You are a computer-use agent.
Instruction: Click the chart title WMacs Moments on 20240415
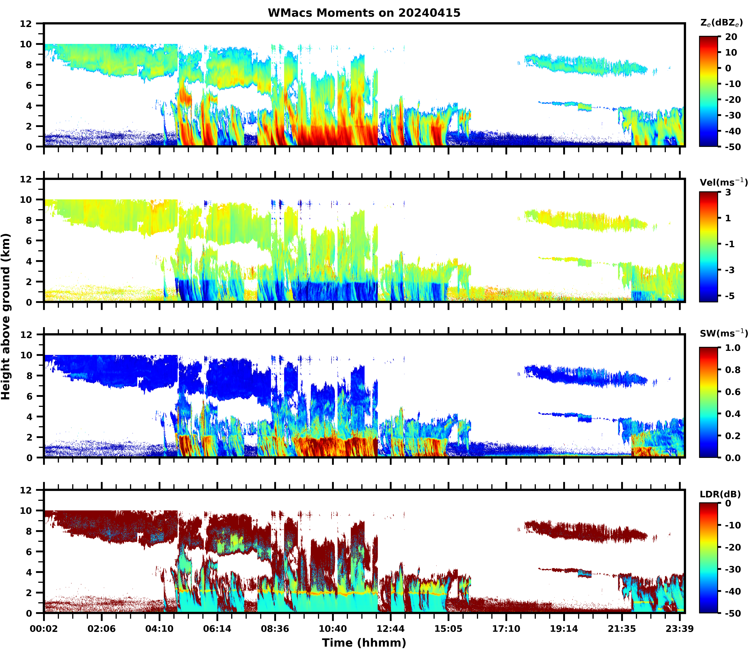(364, 13)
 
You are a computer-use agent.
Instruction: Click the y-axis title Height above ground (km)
(6, 316)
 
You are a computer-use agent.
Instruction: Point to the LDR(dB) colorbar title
(720, 494)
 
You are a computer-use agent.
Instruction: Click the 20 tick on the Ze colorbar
(731, 37)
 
